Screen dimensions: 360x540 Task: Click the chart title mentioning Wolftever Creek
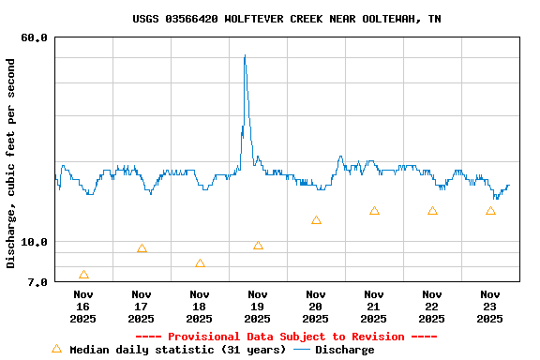pyautogui.click(x=287, y=19)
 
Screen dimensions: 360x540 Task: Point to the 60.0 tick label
pyautogui.click(x=35, y=37)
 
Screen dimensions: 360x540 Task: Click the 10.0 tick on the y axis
pyautogui.click(x=35, y=242)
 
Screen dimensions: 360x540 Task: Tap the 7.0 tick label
pyautogui.click(x=37, y=281)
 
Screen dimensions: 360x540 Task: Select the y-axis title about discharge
pyautogui.click(x=11, y=163)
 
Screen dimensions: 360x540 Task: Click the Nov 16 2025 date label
pyautogui.click(x=82, y=307)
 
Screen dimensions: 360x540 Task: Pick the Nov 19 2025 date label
pyautogui.click(x=258, y=307)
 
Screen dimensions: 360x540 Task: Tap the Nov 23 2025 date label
pyautogui.click(x=490, y=307)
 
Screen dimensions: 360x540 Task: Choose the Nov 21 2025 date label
pyautogui.click(x=374, y=307)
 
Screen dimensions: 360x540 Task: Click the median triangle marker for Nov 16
pyautogui.click(x=83, y=275)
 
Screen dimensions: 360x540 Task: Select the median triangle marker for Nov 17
pyautogui.click(x=142, y=248)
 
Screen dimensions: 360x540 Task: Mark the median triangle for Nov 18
pyautogui.click(x=200, y=263)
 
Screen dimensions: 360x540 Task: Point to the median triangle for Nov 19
pyautogui.click(x=258, y=246)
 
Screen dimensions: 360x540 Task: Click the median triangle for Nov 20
pyautogui.click(x=316, y=220)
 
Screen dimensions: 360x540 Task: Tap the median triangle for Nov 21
pyautogui.click(x=374, y=211)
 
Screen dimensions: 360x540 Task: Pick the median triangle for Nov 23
pyautogui.click(x=490, y=211)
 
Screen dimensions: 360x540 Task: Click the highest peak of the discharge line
pyautogui.click(x=245, y=55)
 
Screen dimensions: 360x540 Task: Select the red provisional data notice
pyautogui.click(x=286, y=337)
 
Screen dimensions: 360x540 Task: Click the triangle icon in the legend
pyautogui.click(x=56, y=349)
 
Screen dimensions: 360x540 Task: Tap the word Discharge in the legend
pyautogui.click(x=344, y=350)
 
